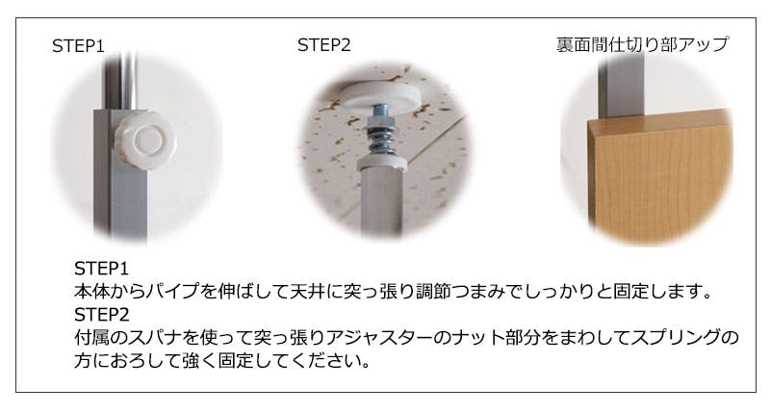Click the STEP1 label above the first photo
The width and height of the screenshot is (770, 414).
point(78,46)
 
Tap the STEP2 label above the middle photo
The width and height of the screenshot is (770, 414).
point(324,45)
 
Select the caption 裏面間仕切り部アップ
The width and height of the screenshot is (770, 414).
point(642,44)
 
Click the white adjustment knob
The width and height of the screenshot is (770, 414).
point(146,140)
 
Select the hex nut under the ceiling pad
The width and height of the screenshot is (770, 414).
point(381,118)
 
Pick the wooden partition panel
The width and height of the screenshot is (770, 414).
point(660,179)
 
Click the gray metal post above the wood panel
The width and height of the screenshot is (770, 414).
point(621,85)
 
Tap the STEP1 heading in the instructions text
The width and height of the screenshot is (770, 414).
point(101,269)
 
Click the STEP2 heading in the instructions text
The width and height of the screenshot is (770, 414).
point(102,314)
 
